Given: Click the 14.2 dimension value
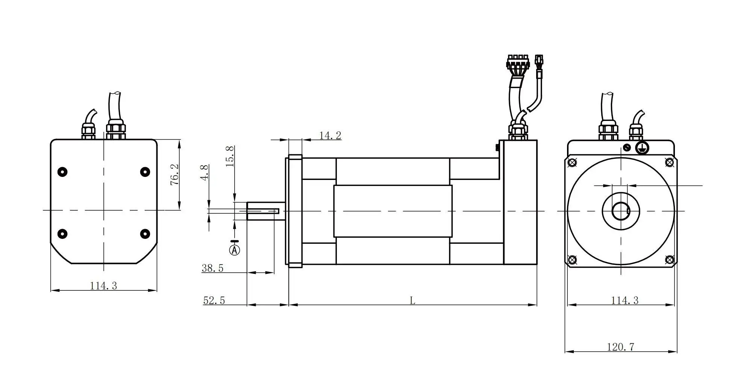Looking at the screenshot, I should (330, 136).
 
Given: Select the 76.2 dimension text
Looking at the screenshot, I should (175, 174).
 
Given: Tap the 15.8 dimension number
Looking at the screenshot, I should (230, 156).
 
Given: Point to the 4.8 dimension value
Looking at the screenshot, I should (205, 173).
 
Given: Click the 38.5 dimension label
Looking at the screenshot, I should (212, 268).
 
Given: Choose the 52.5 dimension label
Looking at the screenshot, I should (214, 300).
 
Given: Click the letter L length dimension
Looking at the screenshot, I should (412, 300).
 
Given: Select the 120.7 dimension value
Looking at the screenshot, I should (620, 347).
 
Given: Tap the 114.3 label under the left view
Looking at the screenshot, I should (103, 286).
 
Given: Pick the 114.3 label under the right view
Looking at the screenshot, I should (625, 300).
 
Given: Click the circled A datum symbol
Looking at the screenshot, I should (235, 250).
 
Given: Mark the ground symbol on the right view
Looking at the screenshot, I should (642, 147).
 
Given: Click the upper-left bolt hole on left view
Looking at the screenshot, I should (62, 172).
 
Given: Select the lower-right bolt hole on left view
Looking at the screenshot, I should (145, 234).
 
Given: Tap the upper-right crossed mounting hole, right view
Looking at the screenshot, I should (669, 162).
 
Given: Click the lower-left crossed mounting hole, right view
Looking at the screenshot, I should (572, 260).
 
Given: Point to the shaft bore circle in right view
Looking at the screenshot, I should (620, 211).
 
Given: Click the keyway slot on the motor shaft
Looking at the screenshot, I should (263, 211).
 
